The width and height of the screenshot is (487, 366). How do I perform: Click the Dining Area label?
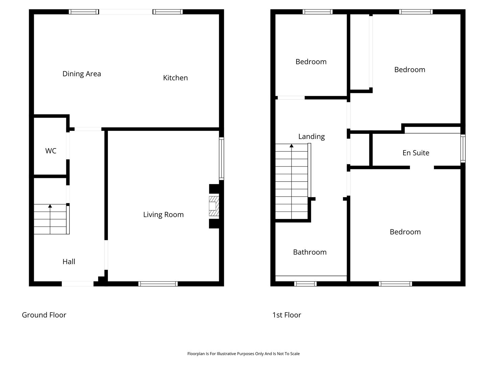coord(82,74)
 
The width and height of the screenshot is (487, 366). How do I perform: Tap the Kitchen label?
coord(175,78)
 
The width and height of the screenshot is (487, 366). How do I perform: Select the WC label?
coord(51,151)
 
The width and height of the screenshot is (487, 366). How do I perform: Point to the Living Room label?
coord(163,215)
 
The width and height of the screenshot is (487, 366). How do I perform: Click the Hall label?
coord(69,262)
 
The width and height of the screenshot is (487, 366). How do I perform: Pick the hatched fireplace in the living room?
coord(214,206)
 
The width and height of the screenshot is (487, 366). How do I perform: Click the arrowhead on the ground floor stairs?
coord(50,206)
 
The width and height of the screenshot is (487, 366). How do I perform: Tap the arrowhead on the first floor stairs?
coord(292,146)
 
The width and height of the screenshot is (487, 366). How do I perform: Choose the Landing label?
coord(311,137)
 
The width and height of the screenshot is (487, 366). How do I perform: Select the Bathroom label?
coord(310,252)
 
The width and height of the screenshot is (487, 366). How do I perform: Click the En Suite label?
coord(416,153)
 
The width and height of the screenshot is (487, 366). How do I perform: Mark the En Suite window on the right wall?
coord(463,148)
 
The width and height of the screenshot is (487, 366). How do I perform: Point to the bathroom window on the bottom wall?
coord(305,284)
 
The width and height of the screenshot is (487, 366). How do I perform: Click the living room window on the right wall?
coord(222,159)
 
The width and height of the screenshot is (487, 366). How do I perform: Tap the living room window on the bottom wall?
coord(158,284)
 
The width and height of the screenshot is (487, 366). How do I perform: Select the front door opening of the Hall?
coord(78,284)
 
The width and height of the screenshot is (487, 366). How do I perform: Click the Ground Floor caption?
coord(44,315)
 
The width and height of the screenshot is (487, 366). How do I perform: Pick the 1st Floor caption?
coord(287,315)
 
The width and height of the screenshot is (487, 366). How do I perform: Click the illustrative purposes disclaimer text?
coord(243,353)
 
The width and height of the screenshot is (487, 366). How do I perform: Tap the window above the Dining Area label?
coord(84,12)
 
